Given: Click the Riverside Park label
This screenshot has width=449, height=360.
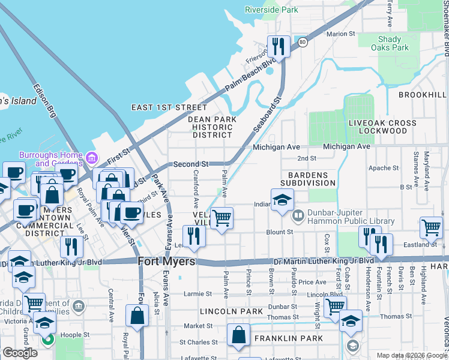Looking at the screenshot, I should [271, 10].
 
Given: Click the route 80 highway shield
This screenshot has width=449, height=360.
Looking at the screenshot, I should [303, 42].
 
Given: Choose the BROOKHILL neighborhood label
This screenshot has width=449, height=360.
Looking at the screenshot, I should [423, 95].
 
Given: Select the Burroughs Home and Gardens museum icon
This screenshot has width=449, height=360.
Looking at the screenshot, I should [92, 158].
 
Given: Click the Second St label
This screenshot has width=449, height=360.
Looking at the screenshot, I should [191, 164].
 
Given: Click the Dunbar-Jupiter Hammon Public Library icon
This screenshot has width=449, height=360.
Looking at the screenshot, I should [298, 215].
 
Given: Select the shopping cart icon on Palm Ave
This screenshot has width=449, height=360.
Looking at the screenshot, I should [222, 219].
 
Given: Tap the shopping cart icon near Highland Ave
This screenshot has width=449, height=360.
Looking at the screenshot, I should [431, 228].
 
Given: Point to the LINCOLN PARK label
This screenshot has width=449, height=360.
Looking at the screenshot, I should [231, 311].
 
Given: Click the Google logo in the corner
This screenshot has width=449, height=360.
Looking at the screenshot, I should [20, 353].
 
